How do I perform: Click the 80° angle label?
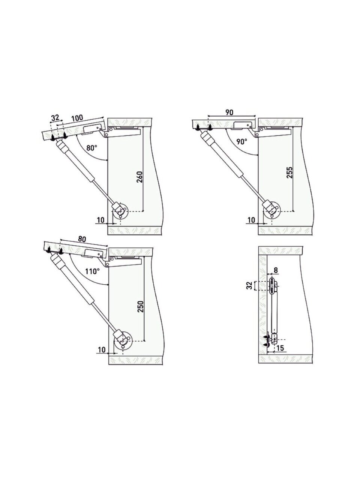pyautogui.click(x=91, y=148)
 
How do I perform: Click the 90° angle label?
pyautogui.click(x=242, y=141)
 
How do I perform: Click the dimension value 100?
pyautogui.click(x=77, y=118)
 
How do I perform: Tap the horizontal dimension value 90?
pyautogui.click(x=229, y=112)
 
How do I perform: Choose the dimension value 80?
pyautogui.click(x=82, y=239)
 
